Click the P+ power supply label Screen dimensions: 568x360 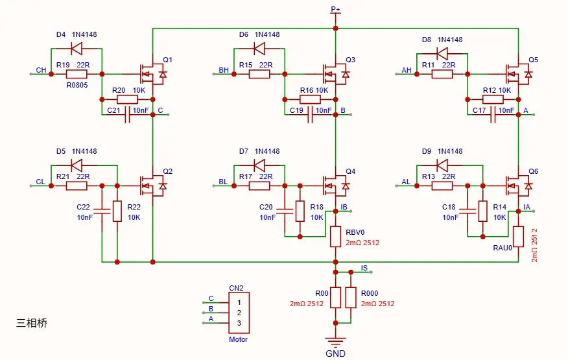coord(335,9)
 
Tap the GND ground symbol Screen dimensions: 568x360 coord(335,342)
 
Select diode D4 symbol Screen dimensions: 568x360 coord(77,48)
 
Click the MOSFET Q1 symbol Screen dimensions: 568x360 coord(153,74)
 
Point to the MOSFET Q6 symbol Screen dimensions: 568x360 coord(519,186)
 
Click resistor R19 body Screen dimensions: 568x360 coord(77,74)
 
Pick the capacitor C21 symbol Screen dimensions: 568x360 coord(127,115)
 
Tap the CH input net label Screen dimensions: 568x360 coord(41,70)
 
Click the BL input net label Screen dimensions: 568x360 coord(224,182)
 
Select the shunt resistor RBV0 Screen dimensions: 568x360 coord(335,237)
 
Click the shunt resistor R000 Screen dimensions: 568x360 coord(351,298)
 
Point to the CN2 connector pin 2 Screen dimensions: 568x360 coord(239,313)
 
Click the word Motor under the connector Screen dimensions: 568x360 coord(239,339)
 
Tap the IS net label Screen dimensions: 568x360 coord(364,268)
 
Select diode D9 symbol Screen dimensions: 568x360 coord(442,165)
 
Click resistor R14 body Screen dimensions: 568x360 coord(483,211)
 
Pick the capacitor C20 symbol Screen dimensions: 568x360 coord(285,211)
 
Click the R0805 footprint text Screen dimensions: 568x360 coord(77,85)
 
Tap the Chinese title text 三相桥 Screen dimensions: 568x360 coord(32,323)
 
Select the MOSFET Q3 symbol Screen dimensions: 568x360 coord(336,74)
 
